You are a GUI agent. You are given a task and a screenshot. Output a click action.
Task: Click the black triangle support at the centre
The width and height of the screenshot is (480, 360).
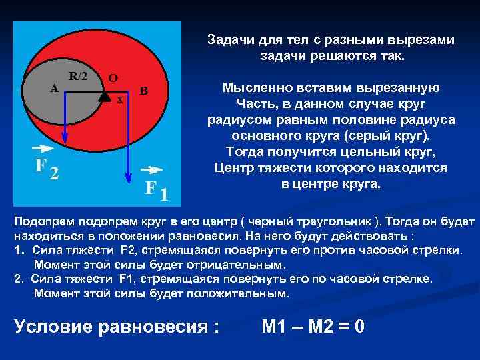(x=104, y=95)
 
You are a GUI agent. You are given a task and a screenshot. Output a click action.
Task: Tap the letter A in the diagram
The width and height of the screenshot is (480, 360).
(x=55, y=87)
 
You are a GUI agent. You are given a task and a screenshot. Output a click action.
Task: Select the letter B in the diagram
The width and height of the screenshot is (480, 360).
(x=144, y=91)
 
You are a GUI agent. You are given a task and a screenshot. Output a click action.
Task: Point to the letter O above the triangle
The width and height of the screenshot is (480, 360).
(x=113, y=77)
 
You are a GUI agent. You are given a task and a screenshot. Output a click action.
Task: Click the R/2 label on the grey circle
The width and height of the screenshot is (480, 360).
(x=78, y=75)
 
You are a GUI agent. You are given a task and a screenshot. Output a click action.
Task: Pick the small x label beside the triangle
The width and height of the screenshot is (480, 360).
(x=119, y=100)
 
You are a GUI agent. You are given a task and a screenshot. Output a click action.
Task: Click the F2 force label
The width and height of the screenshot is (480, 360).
(x=46, y=167)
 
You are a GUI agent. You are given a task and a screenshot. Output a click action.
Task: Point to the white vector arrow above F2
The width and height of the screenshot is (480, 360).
(x=41, y=148)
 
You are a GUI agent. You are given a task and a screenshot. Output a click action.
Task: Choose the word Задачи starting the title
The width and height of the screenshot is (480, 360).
(x=227, y=40)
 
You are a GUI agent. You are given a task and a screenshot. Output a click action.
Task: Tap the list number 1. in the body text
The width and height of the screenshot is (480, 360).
(x=18, y=250)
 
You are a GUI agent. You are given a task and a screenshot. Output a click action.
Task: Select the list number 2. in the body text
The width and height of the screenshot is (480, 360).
(x=18, y=279)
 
